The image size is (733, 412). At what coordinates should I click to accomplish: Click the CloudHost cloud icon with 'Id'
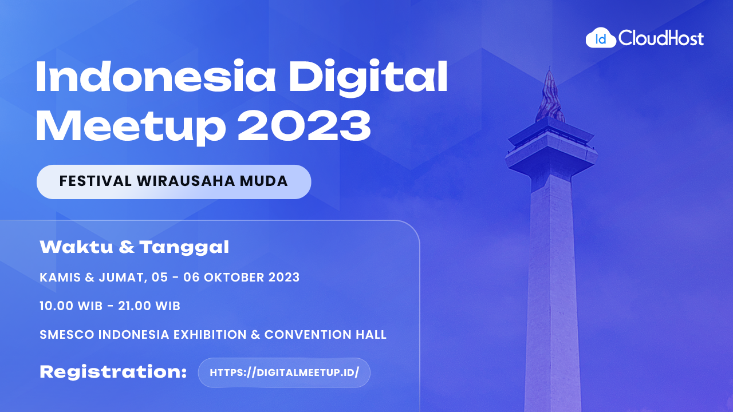pos(601,38)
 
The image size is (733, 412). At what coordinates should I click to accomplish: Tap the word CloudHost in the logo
pos(661,39)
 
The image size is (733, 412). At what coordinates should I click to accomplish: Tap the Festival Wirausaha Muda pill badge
pos(174,182)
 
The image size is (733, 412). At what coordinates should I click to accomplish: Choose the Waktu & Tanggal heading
pos(134,247)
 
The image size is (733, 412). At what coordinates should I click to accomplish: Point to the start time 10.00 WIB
pos(70,306)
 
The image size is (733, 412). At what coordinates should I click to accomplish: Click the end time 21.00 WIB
pos(149,306)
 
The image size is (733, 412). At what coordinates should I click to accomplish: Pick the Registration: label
pos(113,372)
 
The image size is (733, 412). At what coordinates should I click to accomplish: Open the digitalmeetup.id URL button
pos(284,373)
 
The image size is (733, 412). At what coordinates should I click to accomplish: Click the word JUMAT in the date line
pos(119,278)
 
